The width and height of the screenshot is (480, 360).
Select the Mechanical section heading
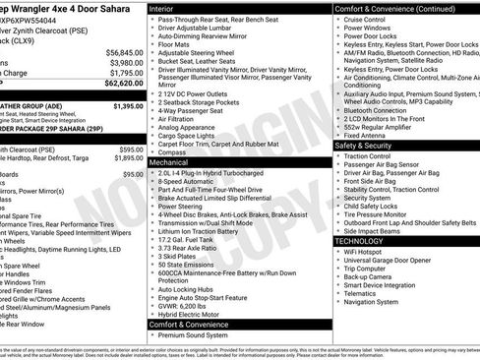point(173,160)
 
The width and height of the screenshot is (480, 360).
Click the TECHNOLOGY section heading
point(360,240)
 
